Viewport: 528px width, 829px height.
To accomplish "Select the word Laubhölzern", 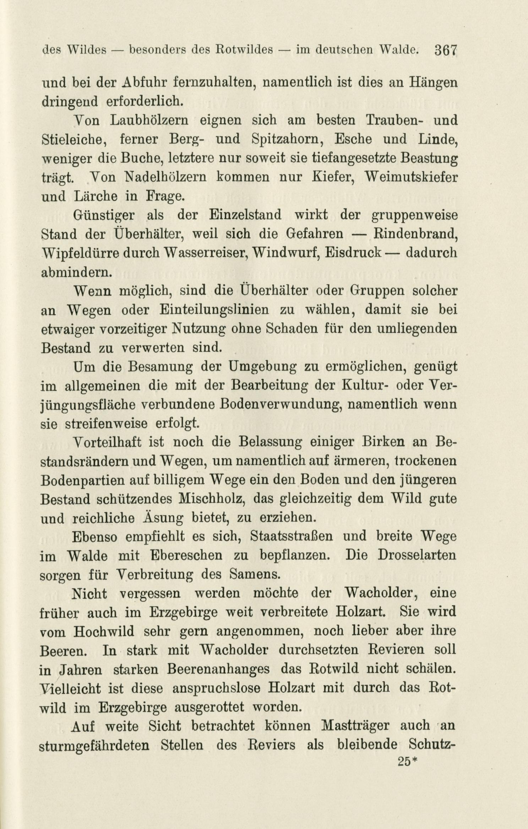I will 148,120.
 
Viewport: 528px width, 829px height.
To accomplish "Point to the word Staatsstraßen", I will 292,537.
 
